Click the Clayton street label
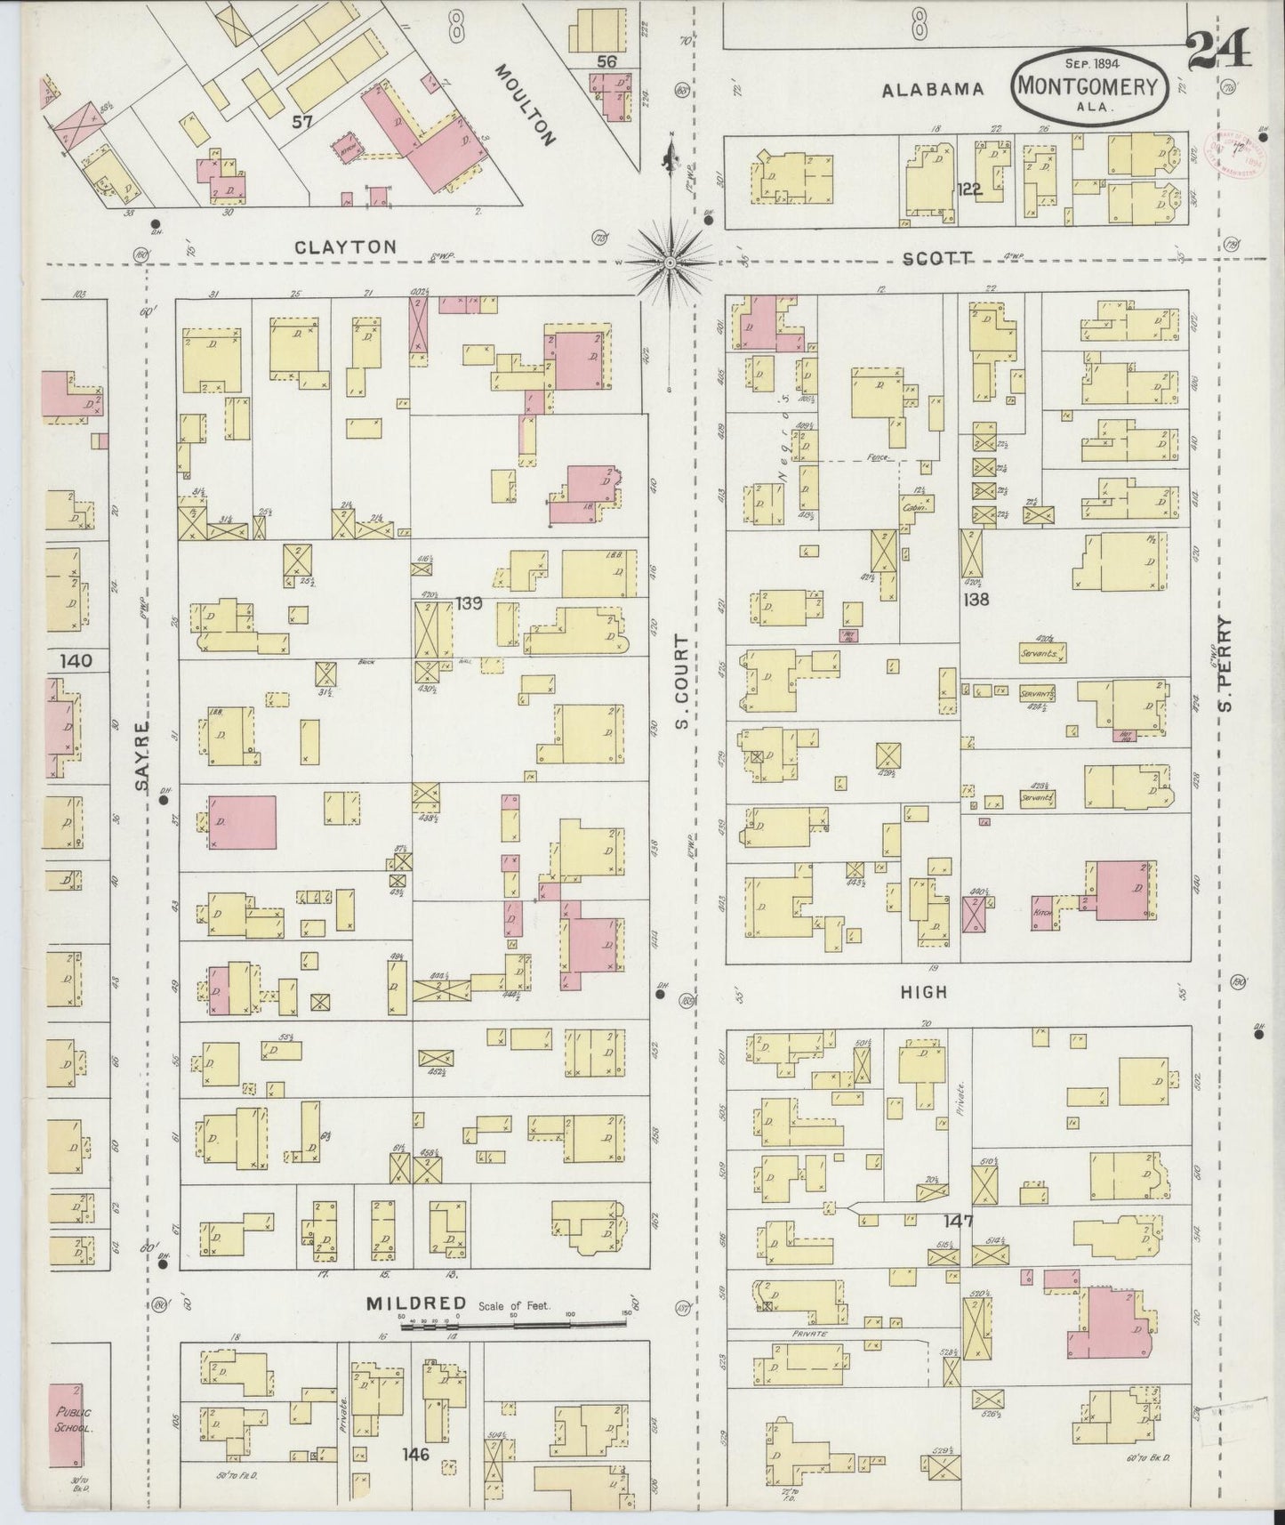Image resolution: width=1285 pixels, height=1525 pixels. tap(347, 247)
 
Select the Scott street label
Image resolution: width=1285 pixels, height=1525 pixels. tap(936, 257)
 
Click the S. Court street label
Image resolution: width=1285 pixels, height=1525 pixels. tap(683, 681)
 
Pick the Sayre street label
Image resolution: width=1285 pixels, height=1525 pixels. tap(142, 756)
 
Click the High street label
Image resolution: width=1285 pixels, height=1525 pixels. tap(923, 991)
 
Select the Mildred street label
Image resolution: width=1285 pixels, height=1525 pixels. tap(416, 1304)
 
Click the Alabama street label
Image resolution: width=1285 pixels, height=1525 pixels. tap(933, 90)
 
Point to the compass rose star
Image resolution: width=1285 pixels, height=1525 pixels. tap(669, 262)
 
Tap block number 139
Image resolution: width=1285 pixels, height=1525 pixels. tap(469, 603)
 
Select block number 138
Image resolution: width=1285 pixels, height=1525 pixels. tap(976, 600)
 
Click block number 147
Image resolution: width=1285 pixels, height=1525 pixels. tap(960, 1221)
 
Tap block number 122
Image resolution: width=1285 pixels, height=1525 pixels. tap(969, 188)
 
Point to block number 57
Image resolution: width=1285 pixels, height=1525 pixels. tap(303, 122)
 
